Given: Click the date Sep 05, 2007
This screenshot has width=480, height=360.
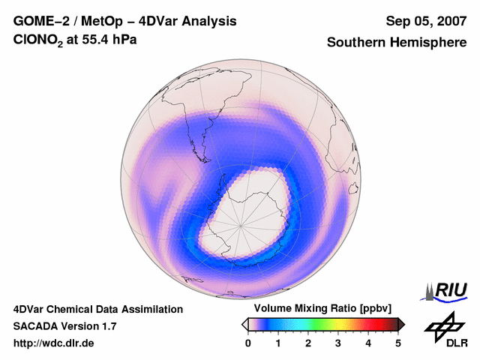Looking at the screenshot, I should pos(426,21).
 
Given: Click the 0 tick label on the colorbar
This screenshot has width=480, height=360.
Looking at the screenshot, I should pos(248,343).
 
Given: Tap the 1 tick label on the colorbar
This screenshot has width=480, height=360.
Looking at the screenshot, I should pos(278,343).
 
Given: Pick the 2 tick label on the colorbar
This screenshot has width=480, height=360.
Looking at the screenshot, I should pos(308,343).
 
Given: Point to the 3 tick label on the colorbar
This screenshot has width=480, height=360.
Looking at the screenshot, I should pos(338,343).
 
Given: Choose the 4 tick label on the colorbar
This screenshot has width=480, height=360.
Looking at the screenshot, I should pos(368,343).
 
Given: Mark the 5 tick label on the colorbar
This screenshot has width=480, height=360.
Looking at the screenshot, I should pos(398,343).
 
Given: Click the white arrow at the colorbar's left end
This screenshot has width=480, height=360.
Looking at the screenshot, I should pos(244,324).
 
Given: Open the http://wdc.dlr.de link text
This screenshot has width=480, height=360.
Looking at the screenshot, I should pos(54,343).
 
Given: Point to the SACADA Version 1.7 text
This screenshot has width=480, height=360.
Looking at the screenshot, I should pos(65,326).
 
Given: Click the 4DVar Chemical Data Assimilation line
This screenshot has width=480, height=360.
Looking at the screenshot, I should pos(98,309).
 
